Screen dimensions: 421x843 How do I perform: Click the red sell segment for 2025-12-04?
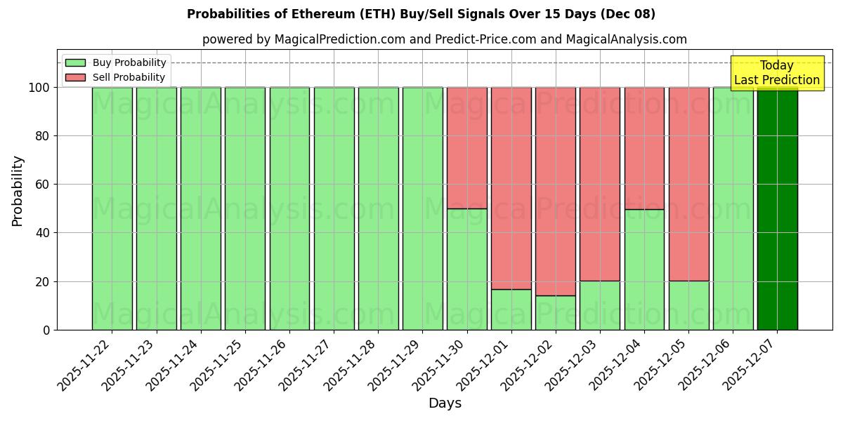click(644, 148)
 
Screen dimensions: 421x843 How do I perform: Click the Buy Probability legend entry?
click(116, 62)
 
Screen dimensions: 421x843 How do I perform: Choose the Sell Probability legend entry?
click(116, 77)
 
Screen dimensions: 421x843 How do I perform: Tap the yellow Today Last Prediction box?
click(776, 73)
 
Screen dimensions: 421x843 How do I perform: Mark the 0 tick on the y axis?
click(46, 330)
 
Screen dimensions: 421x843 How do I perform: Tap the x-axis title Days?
click(445, 403)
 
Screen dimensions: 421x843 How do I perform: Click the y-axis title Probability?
click(18, 191)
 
